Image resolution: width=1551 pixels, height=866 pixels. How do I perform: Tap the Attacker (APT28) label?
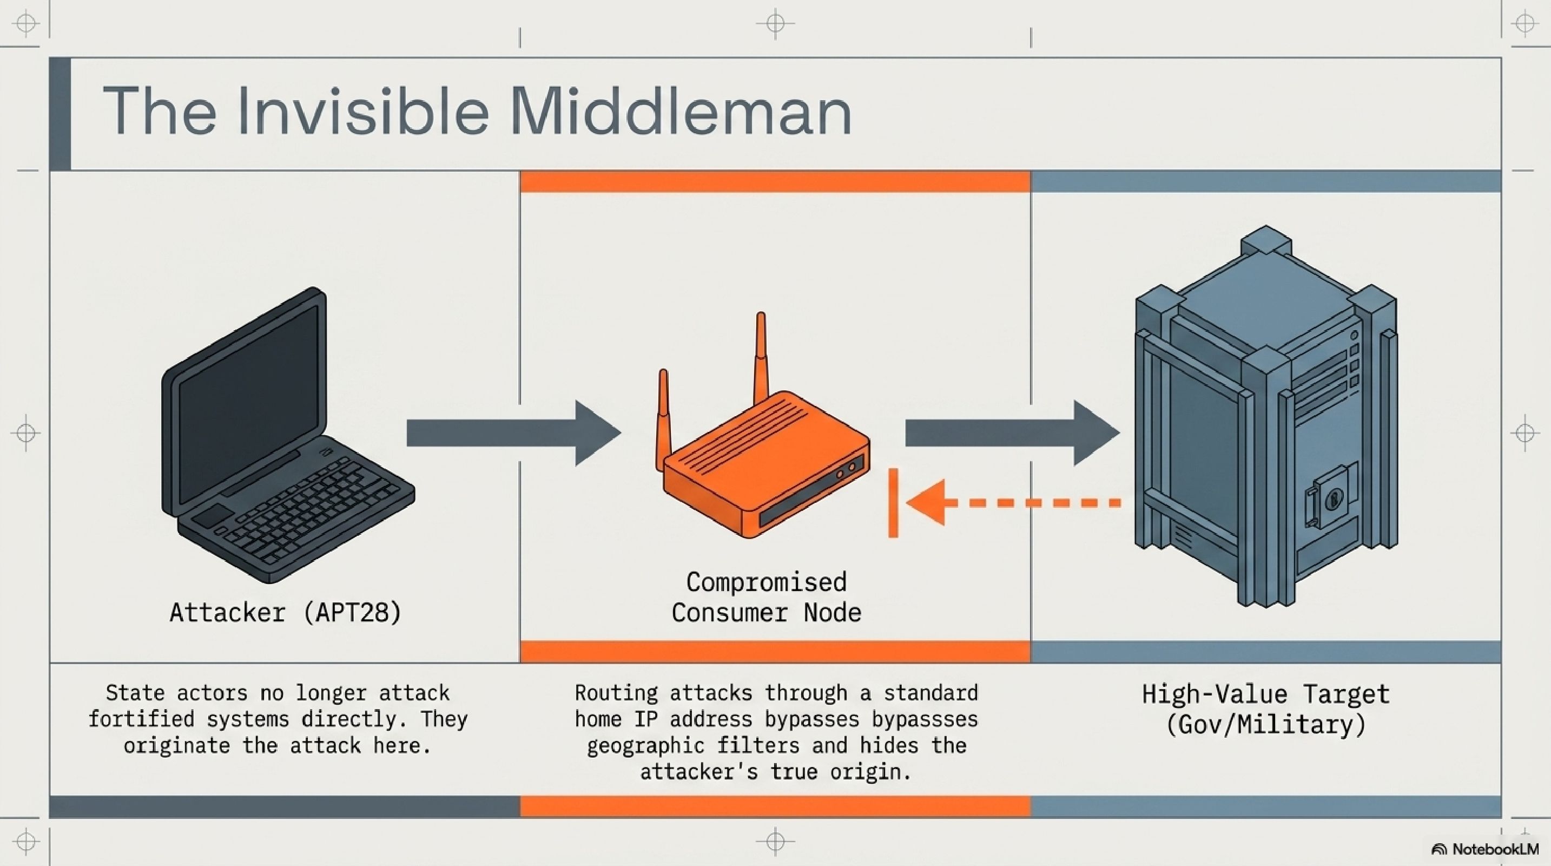pyautogui.click(x=286, y=613)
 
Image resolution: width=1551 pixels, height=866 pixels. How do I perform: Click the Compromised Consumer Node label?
pyautogui.click(x=767, y=598)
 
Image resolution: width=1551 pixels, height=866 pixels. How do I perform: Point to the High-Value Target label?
pyautogui.click(x=1265, y=694)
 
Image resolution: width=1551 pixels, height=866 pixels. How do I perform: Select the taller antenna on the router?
pyautogui.click(x=761, y=355)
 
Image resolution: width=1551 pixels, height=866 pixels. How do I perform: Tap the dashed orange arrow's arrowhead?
pyautogui.click(x=924, y=502)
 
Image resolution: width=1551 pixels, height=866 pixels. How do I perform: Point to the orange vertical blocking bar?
pyautogui.click(x=894, y=502)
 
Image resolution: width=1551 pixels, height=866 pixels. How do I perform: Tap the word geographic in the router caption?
pyautogui.click(x=646, y=745)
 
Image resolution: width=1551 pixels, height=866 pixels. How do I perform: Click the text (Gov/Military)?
pyautogui.click(x=1265, y=724)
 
